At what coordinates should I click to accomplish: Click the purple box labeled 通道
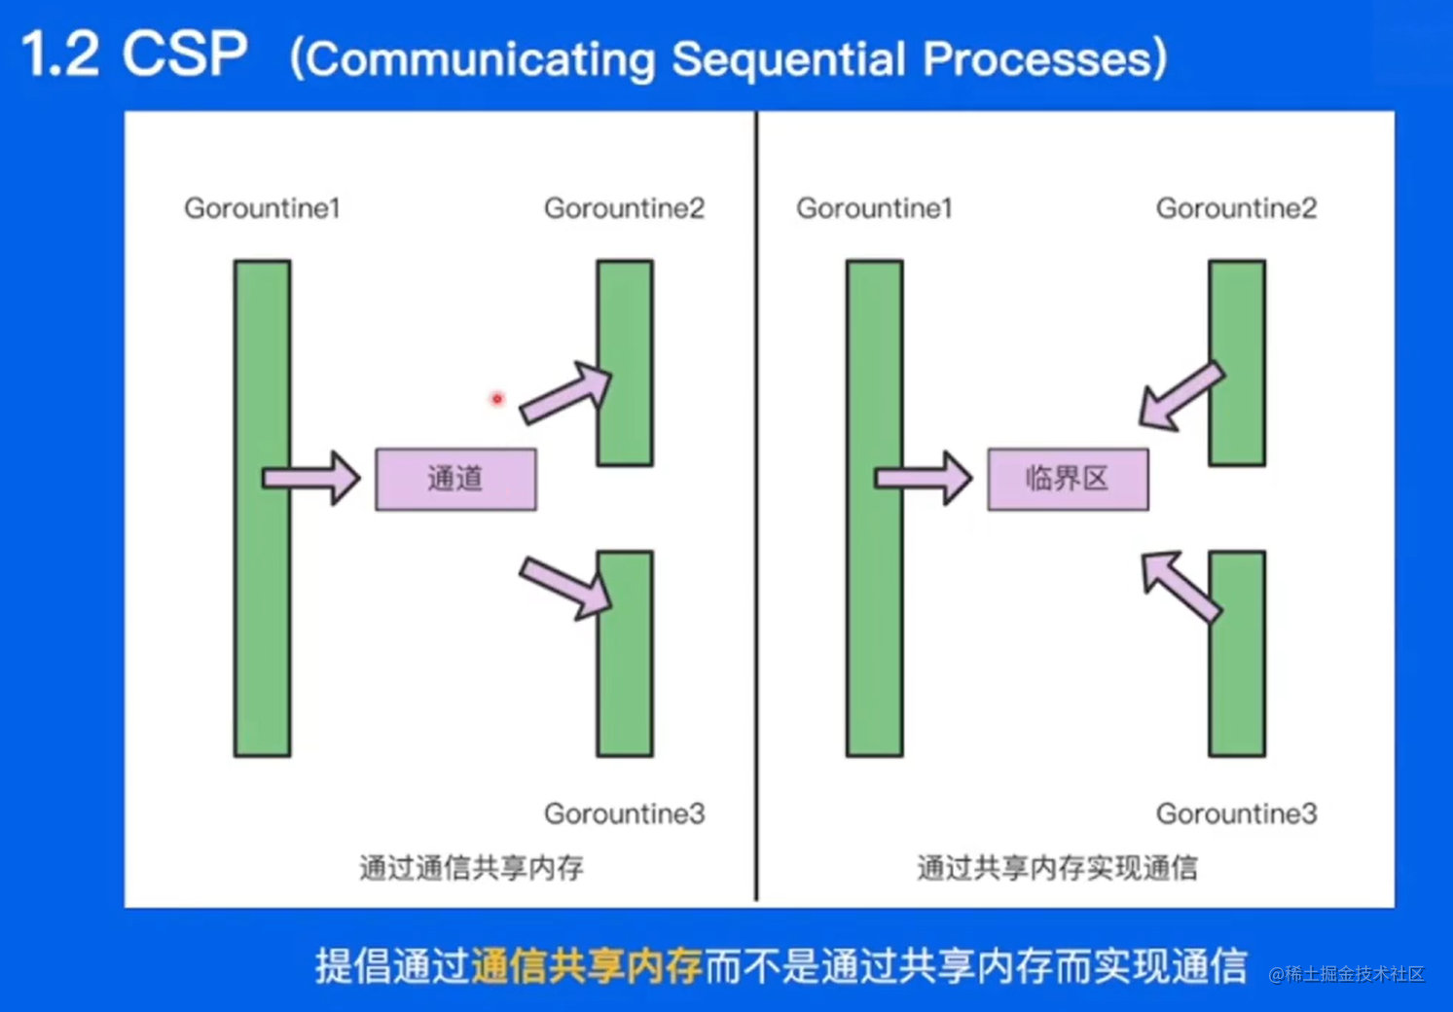click(455, 479)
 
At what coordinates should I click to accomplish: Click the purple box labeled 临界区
click(1068, 479)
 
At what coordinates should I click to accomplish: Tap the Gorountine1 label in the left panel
click(262, 208)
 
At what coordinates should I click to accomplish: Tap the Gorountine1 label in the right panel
click(874, 208)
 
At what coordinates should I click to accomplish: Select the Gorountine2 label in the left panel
click(624, 208)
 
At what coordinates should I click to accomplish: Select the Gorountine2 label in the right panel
click(1236, 208)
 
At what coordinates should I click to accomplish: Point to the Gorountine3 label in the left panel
click(624, 813)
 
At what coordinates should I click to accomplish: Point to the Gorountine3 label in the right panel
click(1236, 813)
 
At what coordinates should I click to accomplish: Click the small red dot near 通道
click(497, 399)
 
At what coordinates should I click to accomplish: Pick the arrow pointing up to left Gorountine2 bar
click(565, 393)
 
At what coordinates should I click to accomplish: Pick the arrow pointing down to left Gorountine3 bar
click(565, 588)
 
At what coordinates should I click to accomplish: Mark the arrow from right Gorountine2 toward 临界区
click(1181, 397)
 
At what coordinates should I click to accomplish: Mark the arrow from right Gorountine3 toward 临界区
click(1180, 586)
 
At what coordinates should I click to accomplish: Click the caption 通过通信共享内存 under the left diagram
click(471, 867)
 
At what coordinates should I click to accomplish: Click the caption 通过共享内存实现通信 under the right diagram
click(1057, 867)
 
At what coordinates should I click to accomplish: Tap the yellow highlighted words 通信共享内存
click(586, 965)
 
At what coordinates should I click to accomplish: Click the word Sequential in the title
click(788, 59)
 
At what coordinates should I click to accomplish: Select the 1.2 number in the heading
click(60, 54)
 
